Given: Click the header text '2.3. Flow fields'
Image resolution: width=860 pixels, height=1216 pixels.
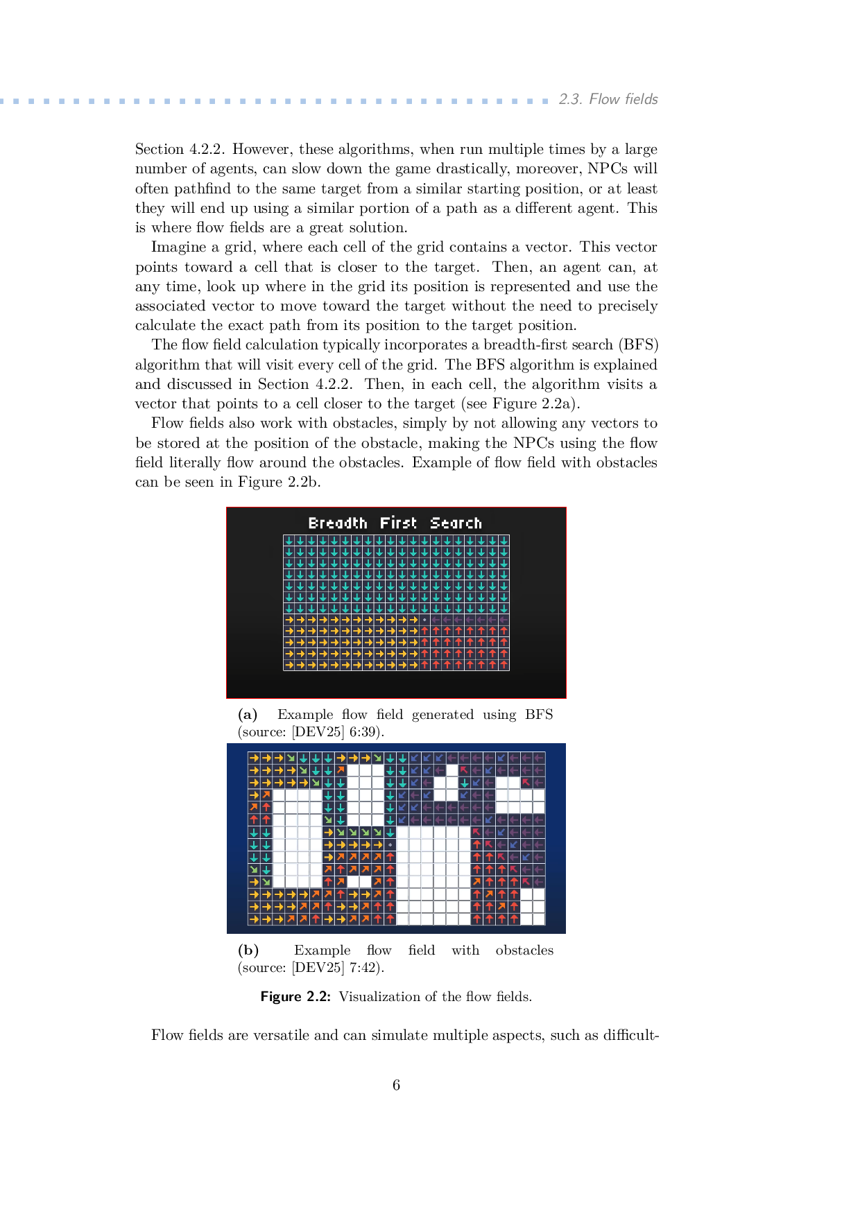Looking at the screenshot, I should [608, 99].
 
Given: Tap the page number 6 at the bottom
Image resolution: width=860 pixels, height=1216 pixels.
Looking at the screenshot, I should [396, 1085].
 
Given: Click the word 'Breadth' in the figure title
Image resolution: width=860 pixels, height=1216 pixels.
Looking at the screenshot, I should [338, 523].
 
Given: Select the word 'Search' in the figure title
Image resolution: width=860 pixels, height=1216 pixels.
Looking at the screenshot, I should [456, 523].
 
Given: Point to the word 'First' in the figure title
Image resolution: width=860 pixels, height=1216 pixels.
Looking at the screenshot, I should [398, 523].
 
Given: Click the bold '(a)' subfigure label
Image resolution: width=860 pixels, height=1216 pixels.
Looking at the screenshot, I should [248, 715].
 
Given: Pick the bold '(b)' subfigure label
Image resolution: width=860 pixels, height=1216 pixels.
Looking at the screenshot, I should [248, 950].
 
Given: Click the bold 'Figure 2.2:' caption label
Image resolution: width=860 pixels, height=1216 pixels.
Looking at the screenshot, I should [295, 997].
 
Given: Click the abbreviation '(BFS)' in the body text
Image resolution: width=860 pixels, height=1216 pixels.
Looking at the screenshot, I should [638, 345].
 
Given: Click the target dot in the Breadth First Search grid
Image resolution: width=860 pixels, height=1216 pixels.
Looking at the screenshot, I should [424, 619].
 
